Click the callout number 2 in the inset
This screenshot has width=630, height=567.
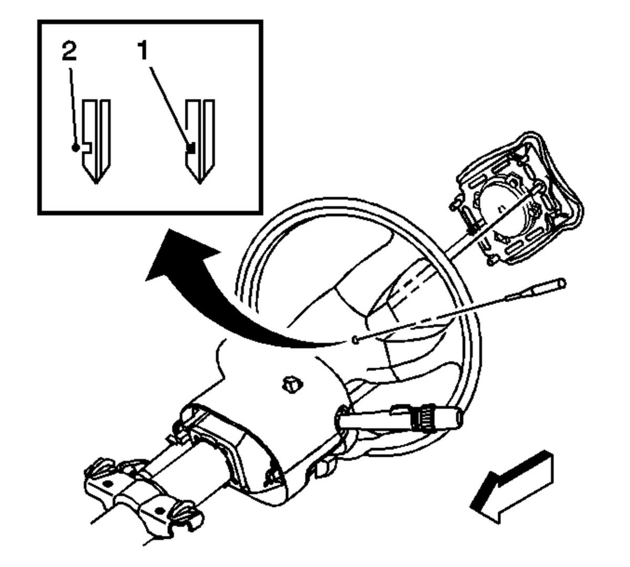coord(69,51)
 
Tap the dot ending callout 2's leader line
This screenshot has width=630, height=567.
coord(77,148)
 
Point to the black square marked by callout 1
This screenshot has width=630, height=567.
coord(192,149)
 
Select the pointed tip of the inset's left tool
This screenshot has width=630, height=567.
coord(96,181)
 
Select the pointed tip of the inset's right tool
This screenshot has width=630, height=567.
coord(199,181)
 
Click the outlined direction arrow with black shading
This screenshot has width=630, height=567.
coord(512,488)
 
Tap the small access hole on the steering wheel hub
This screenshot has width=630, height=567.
coord(355,340)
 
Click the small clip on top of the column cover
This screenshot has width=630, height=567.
coord(292,384)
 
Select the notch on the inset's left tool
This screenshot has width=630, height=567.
coord(88,147)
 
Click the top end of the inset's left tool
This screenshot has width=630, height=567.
coord(97,101)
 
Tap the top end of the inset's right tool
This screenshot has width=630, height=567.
coord(201,101)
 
